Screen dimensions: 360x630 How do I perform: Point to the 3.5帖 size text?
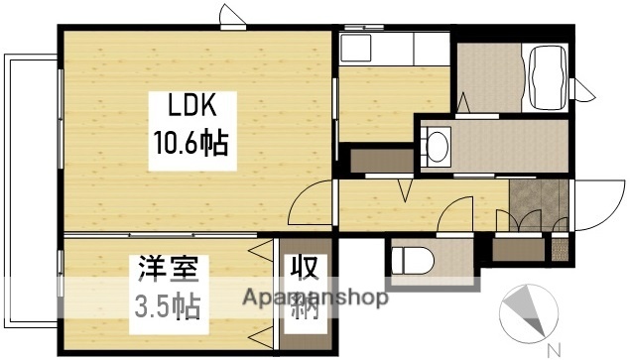(x=167, y=303)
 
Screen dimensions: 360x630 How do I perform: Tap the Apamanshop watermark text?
(x=315, y=299)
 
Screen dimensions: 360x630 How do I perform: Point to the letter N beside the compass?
(x=554, y=348)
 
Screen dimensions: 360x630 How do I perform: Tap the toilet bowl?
(x=409, y=261)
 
